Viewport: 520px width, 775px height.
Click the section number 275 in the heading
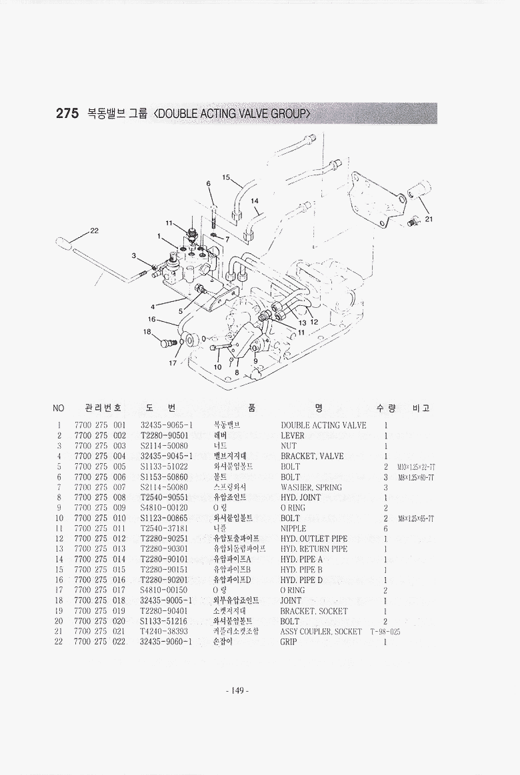pos(67,113)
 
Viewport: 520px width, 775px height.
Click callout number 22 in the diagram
pos(94,231)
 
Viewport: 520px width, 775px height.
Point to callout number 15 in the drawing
pos(226,177)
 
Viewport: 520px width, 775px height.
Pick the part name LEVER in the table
pos(292,436)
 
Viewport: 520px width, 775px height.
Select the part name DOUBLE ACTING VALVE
pos(323,425)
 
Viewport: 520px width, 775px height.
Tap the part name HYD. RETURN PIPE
pos(314,549)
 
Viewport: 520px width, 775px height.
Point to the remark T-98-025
pos(385,632)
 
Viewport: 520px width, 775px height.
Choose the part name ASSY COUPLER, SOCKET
pos(321,632)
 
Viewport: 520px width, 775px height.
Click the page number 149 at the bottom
pos(237,690)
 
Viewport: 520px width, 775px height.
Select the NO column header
pos(59,407)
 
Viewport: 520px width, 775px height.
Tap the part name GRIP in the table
pos(289,642)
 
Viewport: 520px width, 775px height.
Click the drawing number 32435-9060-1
pos(166,642)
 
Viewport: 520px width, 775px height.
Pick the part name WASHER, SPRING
pos(311,487)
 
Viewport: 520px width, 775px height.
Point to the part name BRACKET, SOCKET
pos(314,611)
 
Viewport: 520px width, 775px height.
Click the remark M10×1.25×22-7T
pos(416,467)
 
